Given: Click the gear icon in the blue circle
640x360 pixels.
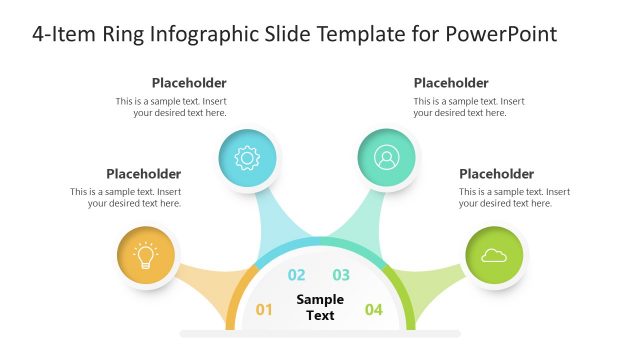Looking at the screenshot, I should (247, 157).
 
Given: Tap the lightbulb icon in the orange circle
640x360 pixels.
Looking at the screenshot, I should (146, 256).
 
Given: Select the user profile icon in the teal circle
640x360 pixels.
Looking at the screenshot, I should (386, 157).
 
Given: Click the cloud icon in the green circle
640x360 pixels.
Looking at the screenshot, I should (494, 256).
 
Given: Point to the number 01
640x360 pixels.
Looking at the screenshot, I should (264, 310).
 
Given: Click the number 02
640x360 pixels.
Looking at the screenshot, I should (297, 276).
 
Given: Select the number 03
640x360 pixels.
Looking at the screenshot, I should (342, 276).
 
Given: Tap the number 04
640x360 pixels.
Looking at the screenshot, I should (374, 310).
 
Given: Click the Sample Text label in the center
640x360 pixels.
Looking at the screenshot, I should (320, 307).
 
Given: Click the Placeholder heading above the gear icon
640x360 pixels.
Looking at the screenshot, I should (189, 83).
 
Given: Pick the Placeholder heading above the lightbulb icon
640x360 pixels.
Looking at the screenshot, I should (143, 174).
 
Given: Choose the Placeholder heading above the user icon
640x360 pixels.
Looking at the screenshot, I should (451, 83).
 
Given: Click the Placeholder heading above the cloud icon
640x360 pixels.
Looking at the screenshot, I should (496, 174).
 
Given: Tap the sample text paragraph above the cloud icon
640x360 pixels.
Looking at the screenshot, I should (514, 197).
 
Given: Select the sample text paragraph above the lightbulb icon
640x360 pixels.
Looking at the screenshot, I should (126, 197).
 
